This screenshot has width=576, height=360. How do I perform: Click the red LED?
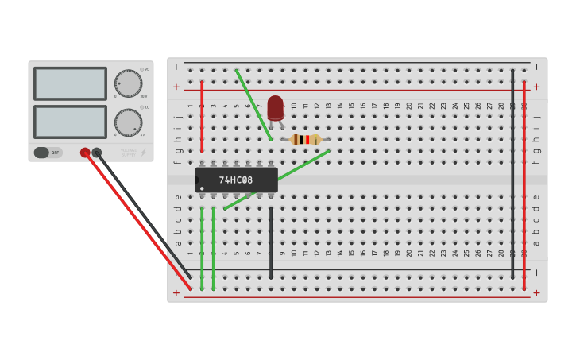pyautogui.click(x=275, y=107)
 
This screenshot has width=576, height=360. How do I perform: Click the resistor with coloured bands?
pyautogui.click(x=306, y=140)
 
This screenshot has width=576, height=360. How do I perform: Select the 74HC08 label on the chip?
pyautogui.click(x=236, y=180)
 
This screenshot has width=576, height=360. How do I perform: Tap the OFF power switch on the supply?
pyautogui.click(x=48, y=153)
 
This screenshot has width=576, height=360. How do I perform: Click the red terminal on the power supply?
pyautogui.click(x=85, y=153)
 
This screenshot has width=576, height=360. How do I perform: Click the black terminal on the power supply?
pyautogui.click(x=97, y=153)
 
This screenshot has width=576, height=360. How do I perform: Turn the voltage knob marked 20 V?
pyautogui.click(x=128, y=83)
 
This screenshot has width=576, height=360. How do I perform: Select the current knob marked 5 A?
pyautogui.click(x=128, y=122)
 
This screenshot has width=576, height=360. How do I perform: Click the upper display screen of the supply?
pyautogui.click(x=70, y=83)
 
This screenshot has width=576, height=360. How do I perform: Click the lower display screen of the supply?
pyautogui.click(x=70, y=122)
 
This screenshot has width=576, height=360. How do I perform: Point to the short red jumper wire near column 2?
pyautogui.click(x=202, y=115)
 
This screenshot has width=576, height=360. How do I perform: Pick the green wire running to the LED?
pyautogui.click(x=253, y=104)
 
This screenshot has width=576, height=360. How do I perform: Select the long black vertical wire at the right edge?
pyautogui.click(x=512, y=175)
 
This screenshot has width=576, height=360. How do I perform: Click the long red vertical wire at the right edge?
pyautogui.click(x=524, y=183)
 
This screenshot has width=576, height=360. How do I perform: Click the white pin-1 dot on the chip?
pyautogui.click(x=202, y=188)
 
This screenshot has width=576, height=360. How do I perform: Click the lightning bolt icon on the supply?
pyautogui.click(x=143, y=153)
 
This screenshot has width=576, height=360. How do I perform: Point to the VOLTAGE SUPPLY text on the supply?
pyautogui.click(x=128, y=151)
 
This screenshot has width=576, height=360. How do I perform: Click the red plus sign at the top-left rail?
pyautogui.click(x=176, y=87)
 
